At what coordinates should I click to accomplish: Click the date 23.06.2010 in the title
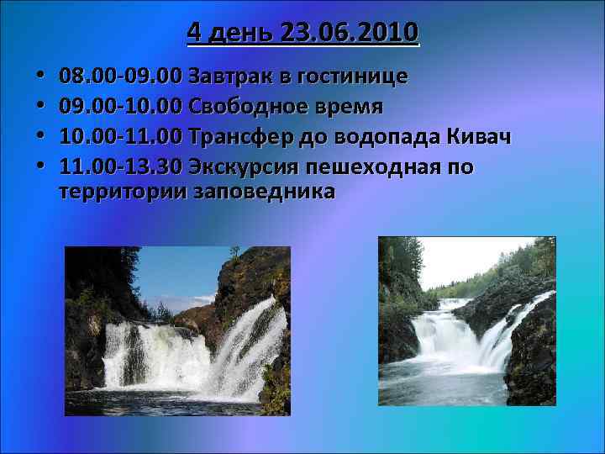point(351,33)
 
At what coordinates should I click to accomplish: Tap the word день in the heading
point(244,33)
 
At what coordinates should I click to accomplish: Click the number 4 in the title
point(194,33)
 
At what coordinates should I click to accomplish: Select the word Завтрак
point(229,77)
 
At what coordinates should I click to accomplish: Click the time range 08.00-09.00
point(121,77)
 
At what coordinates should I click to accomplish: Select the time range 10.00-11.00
point(121,137)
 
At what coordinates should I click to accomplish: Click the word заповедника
point(265,192)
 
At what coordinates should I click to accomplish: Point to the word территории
point(124,192)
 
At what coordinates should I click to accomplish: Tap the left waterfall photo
point(177,330)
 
